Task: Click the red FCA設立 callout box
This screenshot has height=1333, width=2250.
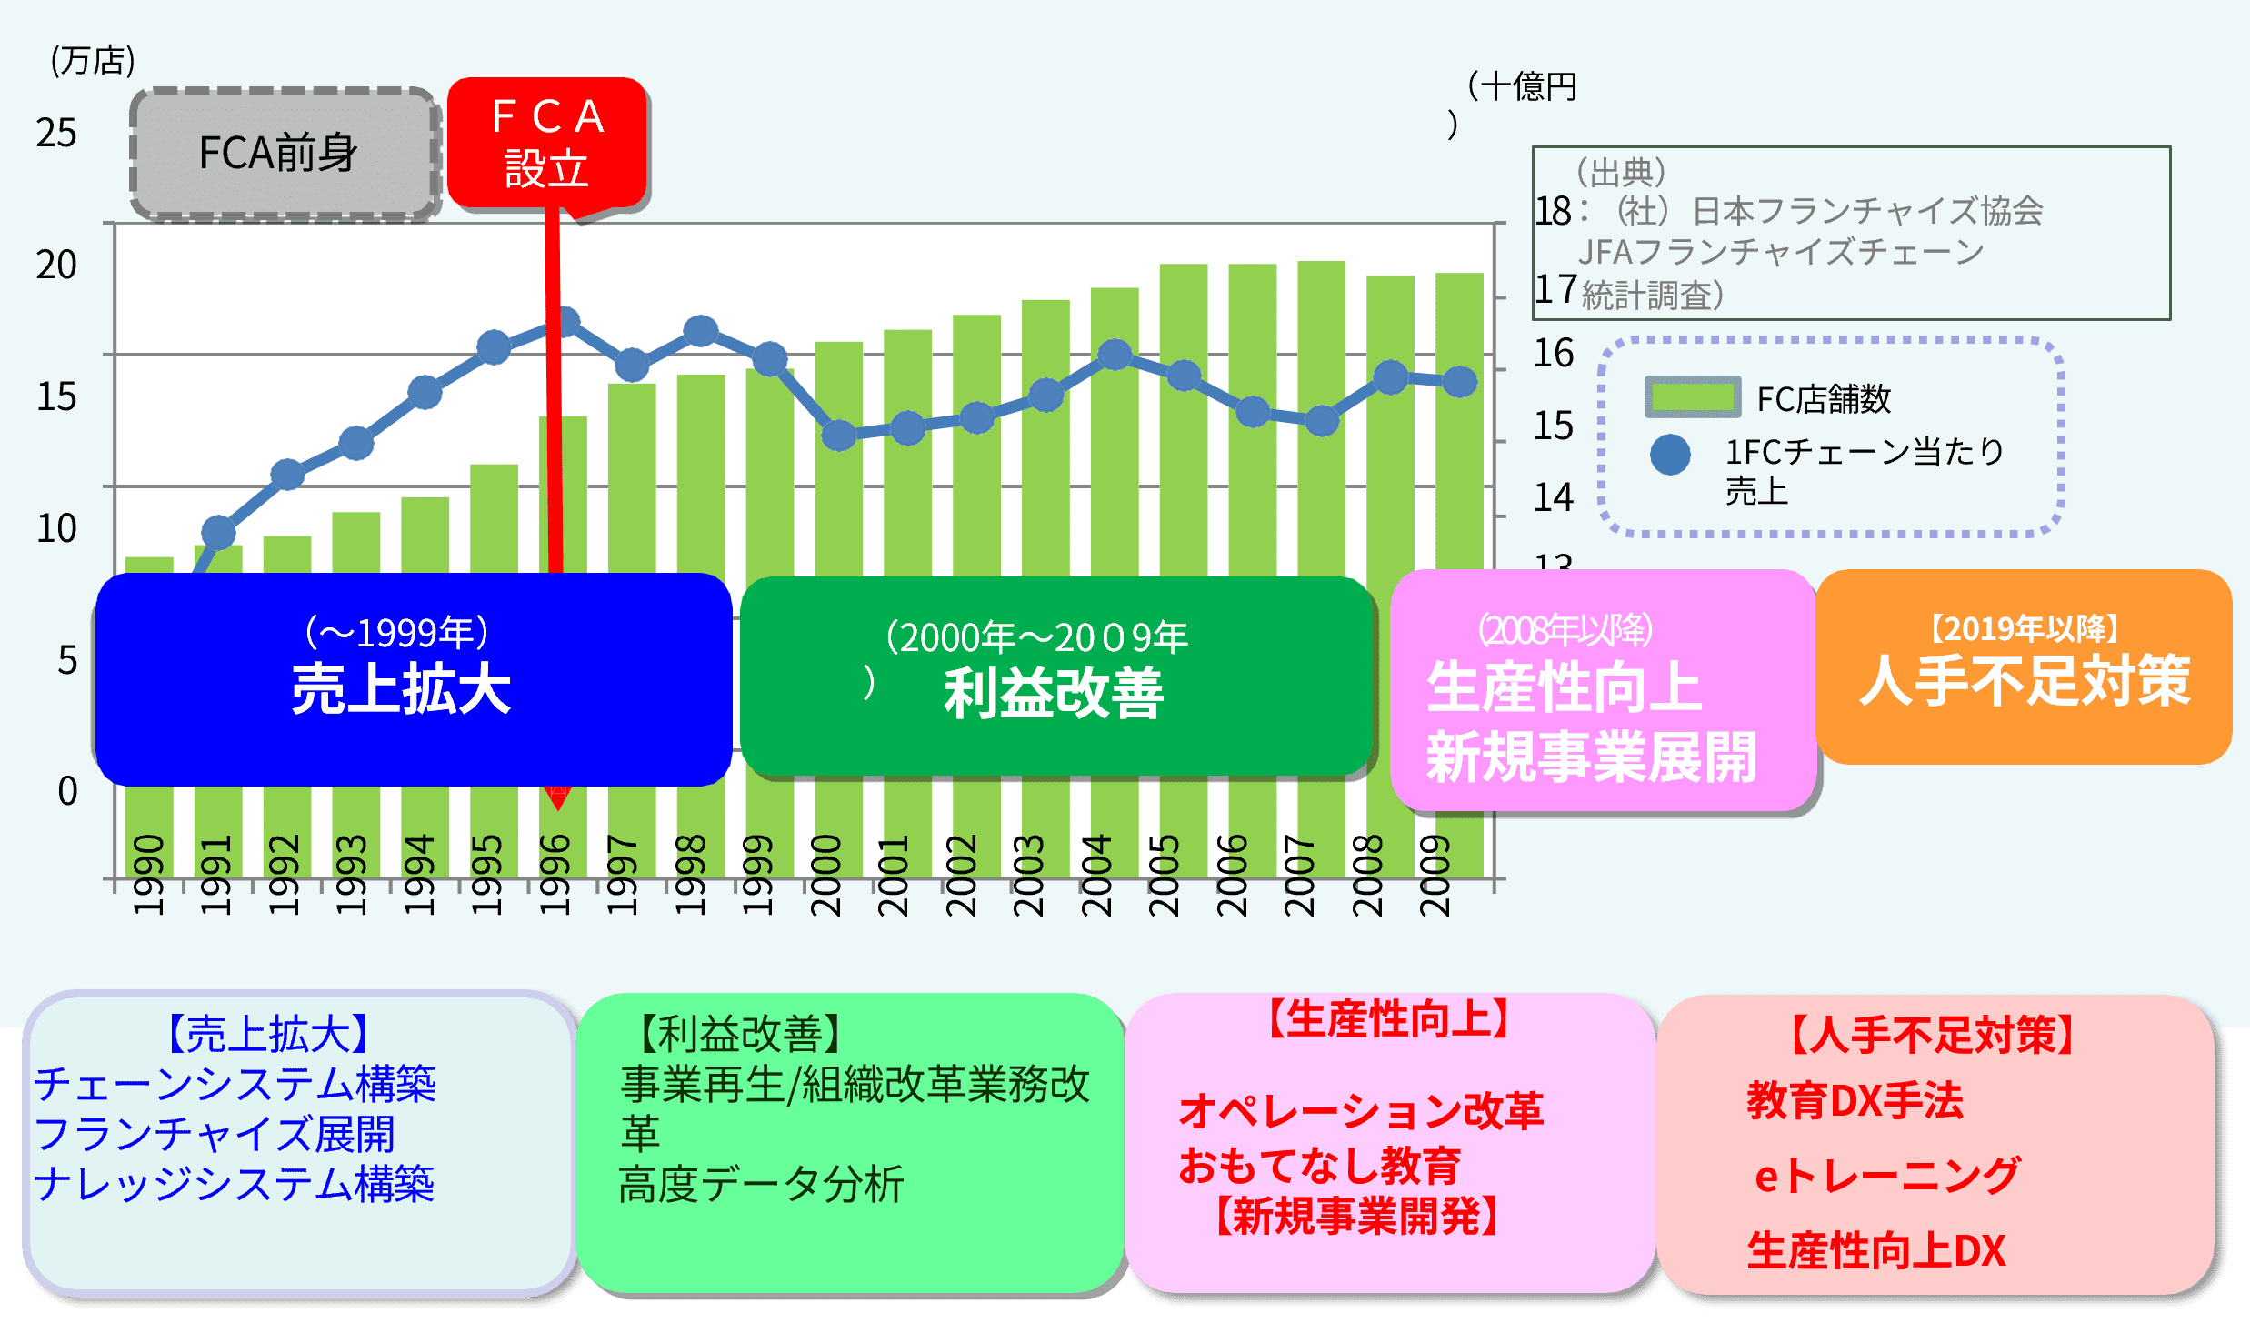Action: click(546, 143)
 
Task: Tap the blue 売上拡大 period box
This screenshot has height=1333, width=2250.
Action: click(413, 679)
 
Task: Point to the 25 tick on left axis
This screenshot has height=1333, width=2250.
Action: click(56, 134)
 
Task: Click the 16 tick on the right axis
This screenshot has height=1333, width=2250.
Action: click(1554, 354)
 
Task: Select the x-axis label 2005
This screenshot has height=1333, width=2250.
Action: click(1164, 875)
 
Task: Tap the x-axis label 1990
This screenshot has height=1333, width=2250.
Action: click(148, 875)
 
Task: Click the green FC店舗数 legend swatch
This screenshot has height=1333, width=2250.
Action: click(1692, 397)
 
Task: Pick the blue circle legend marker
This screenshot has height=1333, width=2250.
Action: click(1670, 455)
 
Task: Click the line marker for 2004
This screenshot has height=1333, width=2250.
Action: click(1115, 355)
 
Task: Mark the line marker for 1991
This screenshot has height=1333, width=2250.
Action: click(218, 533)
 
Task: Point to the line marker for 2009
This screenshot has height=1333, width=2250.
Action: click(1460, 382)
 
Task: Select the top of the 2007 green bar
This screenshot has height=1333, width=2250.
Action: click(1321, 263)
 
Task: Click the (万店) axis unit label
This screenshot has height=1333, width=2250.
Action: click(93, 61)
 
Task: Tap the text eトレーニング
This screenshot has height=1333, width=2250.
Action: click(1887, 1176)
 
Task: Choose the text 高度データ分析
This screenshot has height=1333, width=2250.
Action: click(761, 1184)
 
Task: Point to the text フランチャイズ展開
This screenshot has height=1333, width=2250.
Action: click(215, 1134)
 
